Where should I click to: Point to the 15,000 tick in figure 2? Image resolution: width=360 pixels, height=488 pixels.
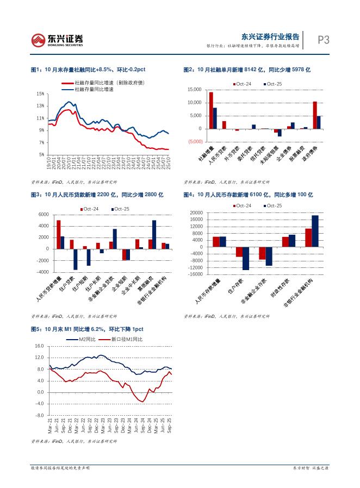pos(194,90)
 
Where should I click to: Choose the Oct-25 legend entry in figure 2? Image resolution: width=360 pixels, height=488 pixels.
pos(273,84)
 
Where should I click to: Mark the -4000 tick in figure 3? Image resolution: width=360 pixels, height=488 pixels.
pos(42,272)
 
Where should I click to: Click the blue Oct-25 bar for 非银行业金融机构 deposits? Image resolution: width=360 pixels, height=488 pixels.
pos(315,231)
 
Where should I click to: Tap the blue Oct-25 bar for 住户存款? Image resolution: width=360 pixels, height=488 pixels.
pos(246,258)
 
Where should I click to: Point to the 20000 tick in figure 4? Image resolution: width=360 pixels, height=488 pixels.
pos(196,213)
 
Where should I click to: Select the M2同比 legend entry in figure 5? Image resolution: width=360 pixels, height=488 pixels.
pos(83,339)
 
